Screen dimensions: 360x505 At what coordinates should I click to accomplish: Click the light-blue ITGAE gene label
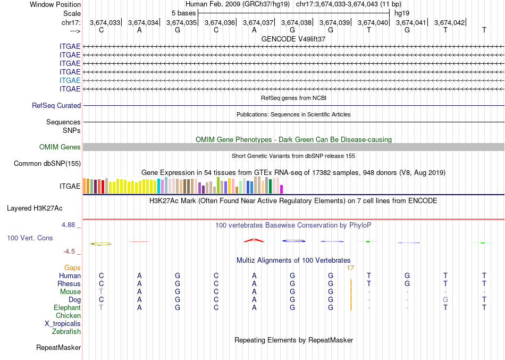(70, 80)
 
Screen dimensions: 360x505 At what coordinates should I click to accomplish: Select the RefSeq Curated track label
(56, 106)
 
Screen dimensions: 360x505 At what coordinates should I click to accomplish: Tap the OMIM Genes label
(60, 147)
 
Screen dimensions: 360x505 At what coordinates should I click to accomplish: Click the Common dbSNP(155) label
(47, 163)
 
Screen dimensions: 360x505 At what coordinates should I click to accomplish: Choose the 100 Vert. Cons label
(30, 238)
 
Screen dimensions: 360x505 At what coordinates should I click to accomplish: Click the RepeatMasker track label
(58, 348)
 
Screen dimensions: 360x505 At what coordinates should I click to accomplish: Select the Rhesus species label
(69, 284)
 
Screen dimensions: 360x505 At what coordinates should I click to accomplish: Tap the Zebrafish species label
(66, 332)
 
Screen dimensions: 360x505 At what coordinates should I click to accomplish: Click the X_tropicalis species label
(63, 323)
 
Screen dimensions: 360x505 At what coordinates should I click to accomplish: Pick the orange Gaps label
(72, 268)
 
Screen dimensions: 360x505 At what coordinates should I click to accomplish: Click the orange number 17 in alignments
(350, 268)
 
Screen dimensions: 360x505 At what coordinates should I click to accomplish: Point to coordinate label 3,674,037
(258, 22)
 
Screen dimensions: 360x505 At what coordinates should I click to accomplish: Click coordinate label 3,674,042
(449, 22)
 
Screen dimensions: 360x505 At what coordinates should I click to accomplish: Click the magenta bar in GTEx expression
(282, 189)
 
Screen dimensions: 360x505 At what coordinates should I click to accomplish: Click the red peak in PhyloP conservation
(254, 240)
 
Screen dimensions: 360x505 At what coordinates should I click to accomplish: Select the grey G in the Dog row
(445, 300)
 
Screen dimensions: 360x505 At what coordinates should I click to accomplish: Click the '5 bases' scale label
(183, 13)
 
